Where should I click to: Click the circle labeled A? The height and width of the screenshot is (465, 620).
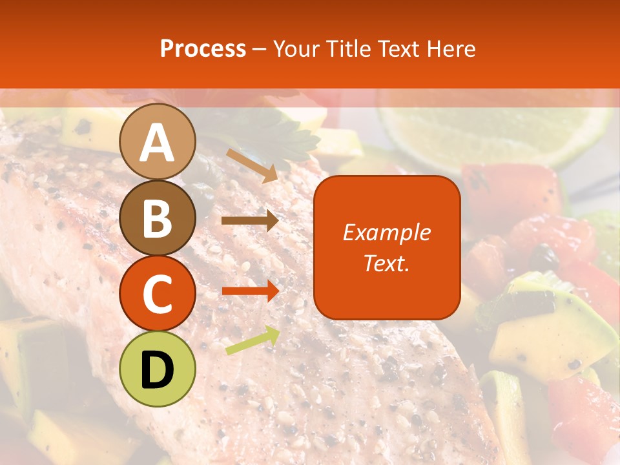coord(158,142)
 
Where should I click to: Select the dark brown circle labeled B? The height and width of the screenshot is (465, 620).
coord(158,218)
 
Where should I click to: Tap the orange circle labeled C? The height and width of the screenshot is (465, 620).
coord(158,294)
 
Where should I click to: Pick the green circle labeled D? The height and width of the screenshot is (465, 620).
coord(158,369)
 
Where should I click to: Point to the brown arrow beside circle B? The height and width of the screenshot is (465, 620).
coord(249,221)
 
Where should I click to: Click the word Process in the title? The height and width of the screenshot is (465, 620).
coord(203,49)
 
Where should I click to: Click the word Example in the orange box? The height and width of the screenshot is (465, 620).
coord(386,232)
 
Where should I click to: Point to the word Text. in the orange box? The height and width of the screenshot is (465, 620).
coord(386,263)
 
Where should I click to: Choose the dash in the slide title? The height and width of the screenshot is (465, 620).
coord(260,49)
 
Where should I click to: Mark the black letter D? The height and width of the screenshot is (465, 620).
coord(158,371)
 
